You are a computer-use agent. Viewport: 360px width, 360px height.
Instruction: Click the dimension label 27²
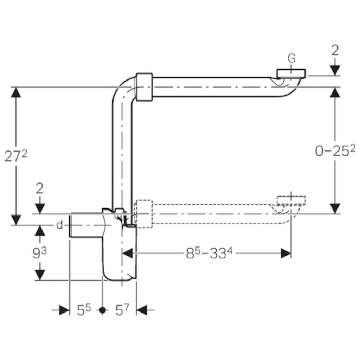tap(16, 156)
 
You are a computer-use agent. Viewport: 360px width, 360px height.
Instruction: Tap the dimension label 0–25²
tap(335, 150)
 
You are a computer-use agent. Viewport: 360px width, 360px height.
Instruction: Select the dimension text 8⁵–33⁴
tap(209, 253)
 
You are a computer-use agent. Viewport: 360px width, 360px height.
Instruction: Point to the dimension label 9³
tap(39, 253)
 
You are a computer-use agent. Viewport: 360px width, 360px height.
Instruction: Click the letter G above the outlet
tap(291, 59)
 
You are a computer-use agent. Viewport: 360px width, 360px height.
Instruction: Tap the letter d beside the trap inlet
tap(59, 225)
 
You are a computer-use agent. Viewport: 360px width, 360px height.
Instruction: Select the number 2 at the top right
tap(335, 51)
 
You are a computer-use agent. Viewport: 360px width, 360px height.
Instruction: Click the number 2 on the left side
tap(40, 189)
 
